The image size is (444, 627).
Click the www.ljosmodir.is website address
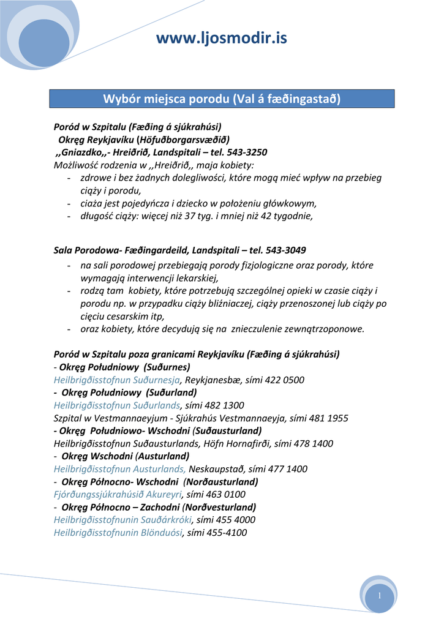pos(221,39)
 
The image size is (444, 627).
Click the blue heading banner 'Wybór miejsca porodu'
pos(221,99)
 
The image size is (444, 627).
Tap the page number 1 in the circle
pos(380,596)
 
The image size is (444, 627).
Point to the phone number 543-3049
pos(286,250)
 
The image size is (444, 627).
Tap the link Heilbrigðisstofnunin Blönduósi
pos(118,533)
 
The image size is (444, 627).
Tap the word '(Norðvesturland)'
pos(219,507)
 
